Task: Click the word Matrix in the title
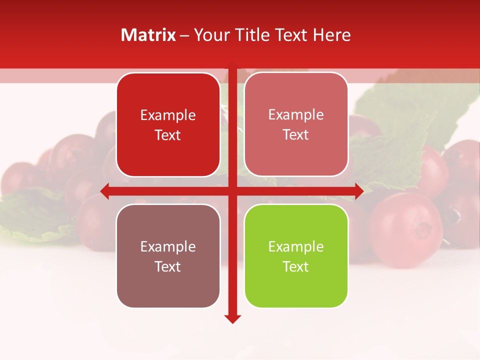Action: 148,35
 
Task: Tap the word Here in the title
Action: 332,35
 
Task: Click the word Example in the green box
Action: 296,246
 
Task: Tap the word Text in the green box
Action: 296,266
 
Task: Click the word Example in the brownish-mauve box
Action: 168,246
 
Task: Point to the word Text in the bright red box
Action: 168,135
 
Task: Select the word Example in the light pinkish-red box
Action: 296,114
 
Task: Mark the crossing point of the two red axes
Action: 232,191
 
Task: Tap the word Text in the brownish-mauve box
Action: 168,266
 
